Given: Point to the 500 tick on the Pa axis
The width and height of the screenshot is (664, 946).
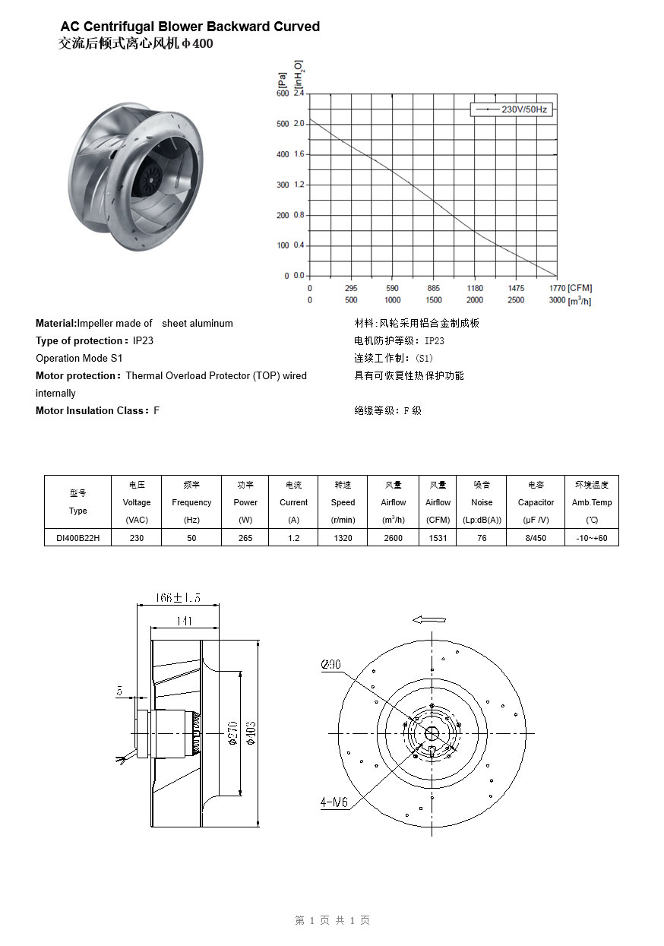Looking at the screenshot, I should pyautogui.click(x=283, y=124).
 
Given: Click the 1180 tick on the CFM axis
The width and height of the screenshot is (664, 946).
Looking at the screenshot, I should pyautogui.click(x=475, y=289).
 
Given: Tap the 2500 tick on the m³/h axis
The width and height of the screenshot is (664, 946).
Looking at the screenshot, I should pyautogui.click(x=516, y=300).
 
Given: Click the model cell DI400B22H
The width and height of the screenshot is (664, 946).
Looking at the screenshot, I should pyautogui.click(x=78, y=538).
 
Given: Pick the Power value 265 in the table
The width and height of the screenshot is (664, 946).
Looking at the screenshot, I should pyautogui.click(x=245, y=538).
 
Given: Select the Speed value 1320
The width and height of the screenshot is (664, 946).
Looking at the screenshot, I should pyautogui.click(x=343, y=538).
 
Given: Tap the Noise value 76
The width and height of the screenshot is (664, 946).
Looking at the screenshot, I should pyautogui.click(x=482, y=538).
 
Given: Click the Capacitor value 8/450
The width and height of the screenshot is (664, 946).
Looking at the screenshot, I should pyautogui.click(x=536, y=538).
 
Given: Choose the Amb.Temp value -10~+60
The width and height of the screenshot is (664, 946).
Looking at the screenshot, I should pyautogui.click(x=592, y=538).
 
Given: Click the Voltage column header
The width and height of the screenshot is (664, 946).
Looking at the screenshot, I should pyautogui.click(x=137, y=502).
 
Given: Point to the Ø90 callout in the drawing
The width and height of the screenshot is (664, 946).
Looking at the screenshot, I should pyautogui.click(x=331, y=665).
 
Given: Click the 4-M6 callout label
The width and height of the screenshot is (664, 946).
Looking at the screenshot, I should pyautogui.click(x=334, y=802).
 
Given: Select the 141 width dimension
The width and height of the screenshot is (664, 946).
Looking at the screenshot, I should pyautogui.click(x=184, y=622).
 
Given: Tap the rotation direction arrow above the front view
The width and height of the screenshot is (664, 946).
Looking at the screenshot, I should pyautogui.click(x=428, y=619).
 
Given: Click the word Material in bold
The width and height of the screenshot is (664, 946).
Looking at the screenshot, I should pyautogui.click(x=55, y=324).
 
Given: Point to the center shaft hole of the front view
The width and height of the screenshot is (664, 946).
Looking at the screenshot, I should pyautogui.click(x=432, y=733).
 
